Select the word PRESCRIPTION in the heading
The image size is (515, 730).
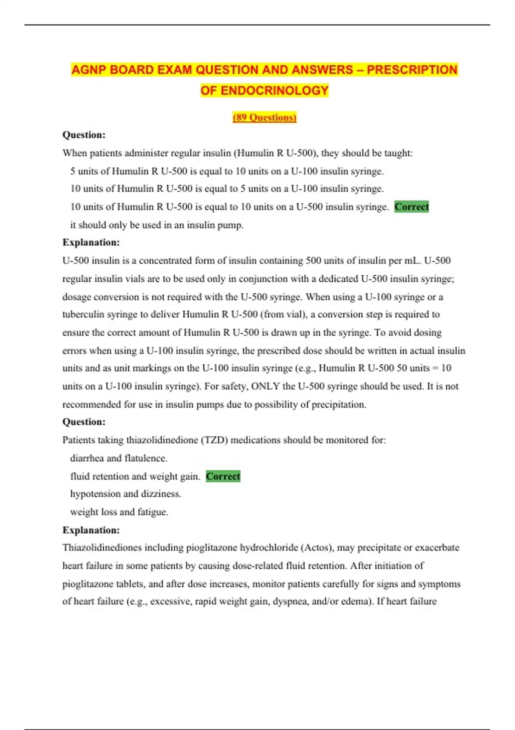[412, 70]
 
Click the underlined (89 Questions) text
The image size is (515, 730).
[264, 117]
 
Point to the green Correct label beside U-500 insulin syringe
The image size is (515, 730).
[412, 207]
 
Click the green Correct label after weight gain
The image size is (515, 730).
[223, 476]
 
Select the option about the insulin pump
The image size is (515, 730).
[157, 225]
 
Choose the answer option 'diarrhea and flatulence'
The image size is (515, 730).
[118, 458]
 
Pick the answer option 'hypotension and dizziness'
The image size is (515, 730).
[125, 494]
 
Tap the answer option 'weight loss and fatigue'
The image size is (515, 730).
[119, 512]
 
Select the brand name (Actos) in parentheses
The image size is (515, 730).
[317, 547]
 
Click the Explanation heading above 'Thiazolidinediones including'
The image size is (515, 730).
[91, 530]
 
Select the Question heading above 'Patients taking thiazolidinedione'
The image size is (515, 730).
[84, 422]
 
